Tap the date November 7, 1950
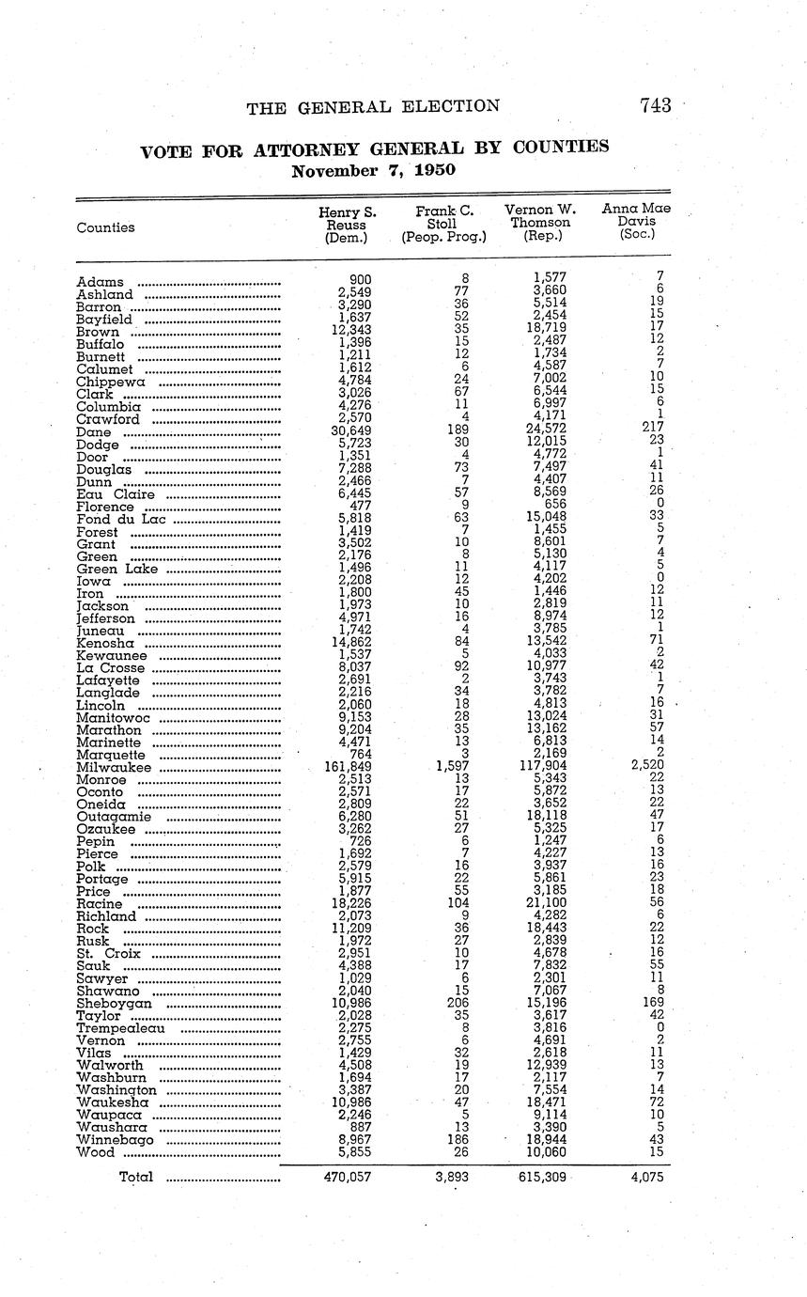pyautogui.click(x=373, y=171)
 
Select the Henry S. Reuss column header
pyautogui.click(x=347, y=225)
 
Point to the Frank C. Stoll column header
pyautogui.click(x=443, y=225)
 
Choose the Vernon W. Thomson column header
pyautogui.click(x=540, y=223)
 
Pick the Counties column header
pyautogui.click(x=105, y=227)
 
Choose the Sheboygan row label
pyautogui.click(x=114, y=1004)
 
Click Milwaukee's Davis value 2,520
pyautogui.click(x=646, y=768)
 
